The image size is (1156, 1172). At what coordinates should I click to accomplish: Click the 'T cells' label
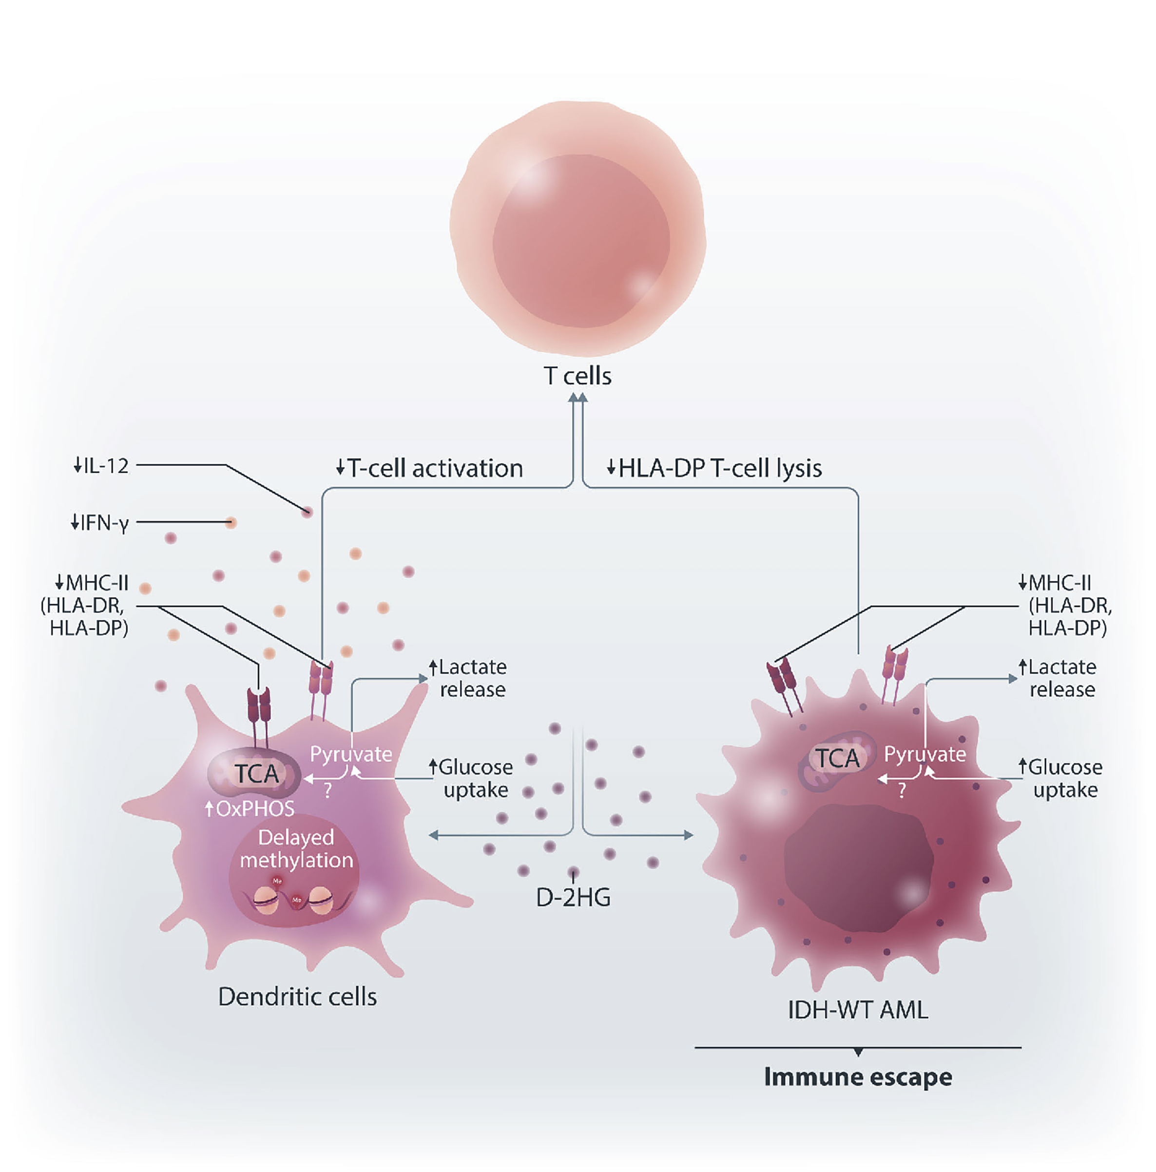pyautogui.click(x=577, y=376)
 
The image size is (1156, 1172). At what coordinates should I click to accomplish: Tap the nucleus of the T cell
pyautogui.click(x=581, y=241)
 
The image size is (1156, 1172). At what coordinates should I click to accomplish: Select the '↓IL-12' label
pyautogui.click(x=101, y=465)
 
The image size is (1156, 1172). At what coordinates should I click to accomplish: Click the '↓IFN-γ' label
pyautogui.click(x=99, y=522)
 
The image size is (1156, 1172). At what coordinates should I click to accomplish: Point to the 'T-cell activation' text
pyautogui.click(x=435, y=468)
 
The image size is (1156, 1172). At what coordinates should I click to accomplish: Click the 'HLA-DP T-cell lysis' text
pyautogui.click(x=720, y=468)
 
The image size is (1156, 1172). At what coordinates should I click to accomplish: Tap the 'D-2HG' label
pyautogui.click(x=573, y=897)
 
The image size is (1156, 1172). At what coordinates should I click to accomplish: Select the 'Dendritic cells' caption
pyautogui.click(x=297, y=997)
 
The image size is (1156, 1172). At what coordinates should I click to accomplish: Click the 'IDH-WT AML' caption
pyautogui.click(x=857, y=1010)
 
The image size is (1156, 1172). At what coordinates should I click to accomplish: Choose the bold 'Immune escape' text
pyautogui.click(x=857, y=1077)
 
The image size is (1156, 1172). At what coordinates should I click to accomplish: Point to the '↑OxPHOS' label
pyautogui.click(x=250, y=808)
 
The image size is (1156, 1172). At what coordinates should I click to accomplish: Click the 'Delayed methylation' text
pyautogui.click(x=296, y=849)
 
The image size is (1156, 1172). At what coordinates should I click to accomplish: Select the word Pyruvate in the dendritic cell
pyautogui.click(x=351, y=754)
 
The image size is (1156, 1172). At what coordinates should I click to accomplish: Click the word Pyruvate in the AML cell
pyautogui.click(x=924, y=754)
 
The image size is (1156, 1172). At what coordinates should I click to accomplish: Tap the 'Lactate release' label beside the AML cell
pyautogui.click(x=1061, y=678)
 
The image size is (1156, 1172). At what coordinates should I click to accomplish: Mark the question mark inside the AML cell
pyautogui.click(x=902, y=790)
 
